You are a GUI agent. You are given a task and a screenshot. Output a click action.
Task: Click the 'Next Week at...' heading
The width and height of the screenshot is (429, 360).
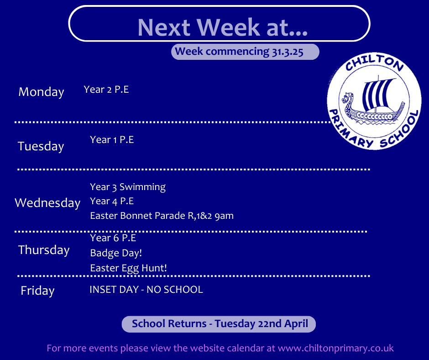tap(222, 27)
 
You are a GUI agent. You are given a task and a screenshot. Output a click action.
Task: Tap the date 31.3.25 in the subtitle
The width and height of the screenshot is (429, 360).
tap(288, 52)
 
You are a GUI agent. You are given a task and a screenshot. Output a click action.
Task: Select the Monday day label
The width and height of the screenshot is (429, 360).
tap(42, 92)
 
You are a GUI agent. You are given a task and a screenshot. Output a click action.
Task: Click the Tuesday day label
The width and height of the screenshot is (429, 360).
tap(41, 146)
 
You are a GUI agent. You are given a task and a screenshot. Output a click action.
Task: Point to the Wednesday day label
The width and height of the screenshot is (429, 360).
tap(47, 203)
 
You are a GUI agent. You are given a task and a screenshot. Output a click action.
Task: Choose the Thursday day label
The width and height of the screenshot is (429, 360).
tap(44, 250)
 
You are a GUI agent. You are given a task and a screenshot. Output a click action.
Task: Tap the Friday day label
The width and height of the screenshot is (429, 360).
tap(37, 291)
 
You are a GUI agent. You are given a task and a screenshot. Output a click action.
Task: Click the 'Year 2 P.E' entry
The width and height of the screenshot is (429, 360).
tap(106, 90)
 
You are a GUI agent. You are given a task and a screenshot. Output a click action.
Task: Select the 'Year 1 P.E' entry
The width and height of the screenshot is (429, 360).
tap(112, 140)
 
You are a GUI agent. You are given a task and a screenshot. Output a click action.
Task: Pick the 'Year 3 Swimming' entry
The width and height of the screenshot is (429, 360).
tap(128, 187)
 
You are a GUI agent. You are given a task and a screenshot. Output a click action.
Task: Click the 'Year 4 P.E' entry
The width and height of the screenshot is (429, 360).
tap(112, 201)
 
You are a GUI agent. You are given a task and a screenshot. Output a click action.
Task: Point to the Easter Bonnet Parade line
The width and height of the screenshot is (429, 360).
tap(162, 216)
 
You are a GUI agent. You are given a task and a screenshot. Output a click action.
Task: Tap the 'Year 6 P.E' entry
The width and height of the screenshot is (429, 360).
tap(113, 238)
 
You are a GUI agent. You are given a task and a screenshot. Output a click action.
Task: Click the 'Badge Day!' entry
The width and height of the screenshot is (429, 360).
tap(116, 253)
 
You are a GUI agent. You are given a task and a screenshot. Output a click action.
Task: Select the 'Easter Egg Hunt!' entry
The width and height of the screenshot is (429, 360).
tap(129, 268)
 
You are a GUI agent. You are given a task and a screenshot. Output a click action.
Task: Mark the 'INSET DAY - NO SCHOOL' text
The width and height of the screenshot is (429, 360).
tap(146, 290)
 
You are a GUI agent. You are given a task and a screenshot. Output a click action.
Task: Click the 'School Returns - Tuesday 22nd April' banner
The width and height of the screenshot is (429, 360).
tap(219, 324)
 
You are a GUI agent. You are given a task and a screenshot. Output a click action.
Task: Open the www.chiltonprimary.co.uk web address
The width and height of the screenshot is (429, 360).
tap(336, 348)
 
